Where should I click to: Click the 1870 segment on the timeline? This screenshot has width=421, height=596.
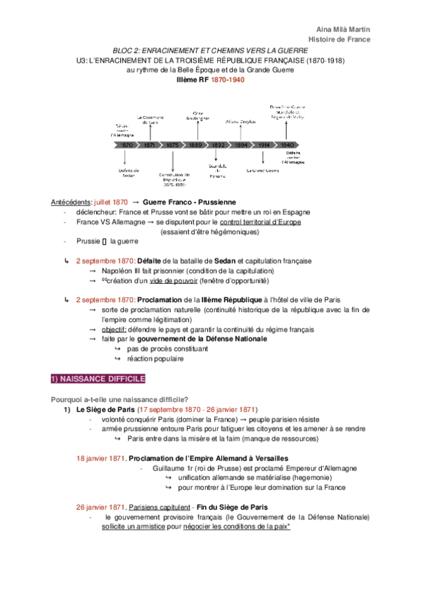coord(127,144)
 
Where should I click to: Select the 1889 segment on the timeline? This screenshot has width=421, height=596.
coord(196,144)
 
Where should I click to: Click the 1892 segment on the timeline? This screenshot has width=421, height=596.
coord(219,144)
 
